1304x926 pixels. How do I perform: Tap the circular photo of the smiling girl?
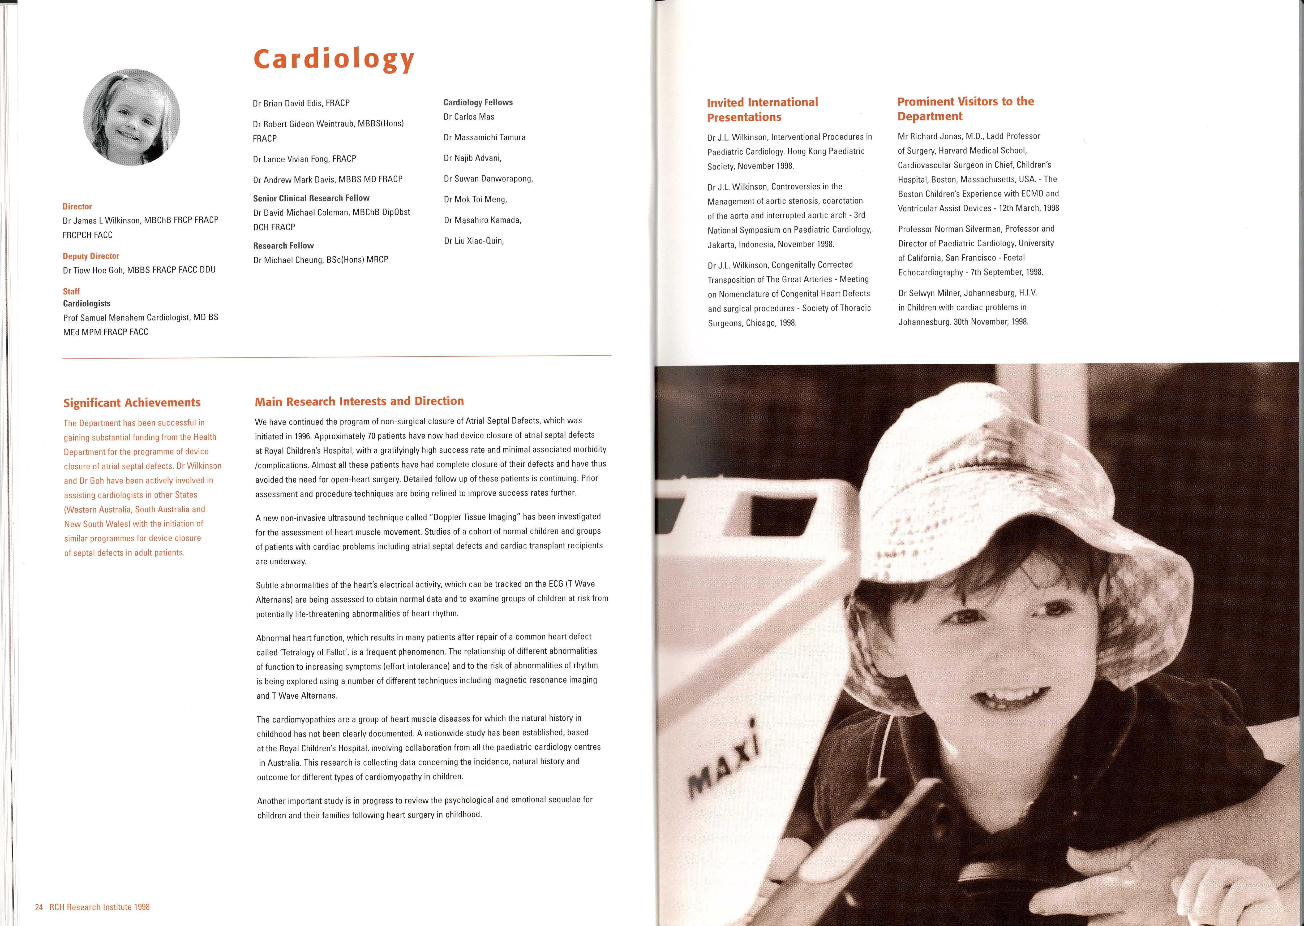(x=132, y=118)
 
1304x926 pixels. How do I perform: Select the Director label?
(x=77, y=206)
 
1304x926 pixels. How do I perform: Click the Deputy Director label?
(x=91, y=256)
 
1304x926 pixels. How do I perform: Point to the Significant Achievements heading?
(x=132, y=403)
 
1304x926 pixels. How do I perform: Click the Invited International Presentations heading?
(x=762, y=110)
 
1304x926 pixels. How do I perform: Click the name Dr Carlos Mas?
(x=469, y=117)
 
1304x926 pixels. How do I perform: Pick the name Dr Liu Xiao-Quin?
(x=473, y=241)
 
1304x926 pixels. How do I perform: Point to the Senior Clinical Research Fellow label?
(x=311, y=198)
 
